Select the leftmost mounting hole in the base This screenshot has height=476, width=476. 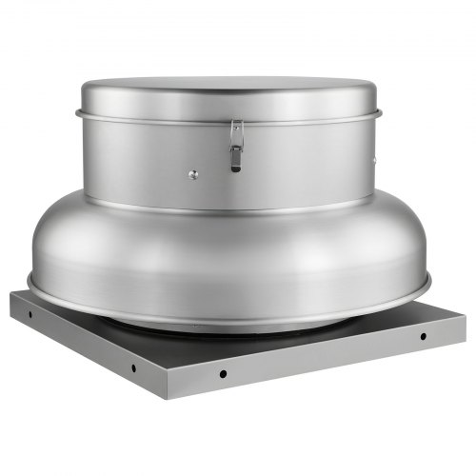(x=30, y=312)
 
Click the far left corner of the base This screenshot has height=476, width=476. (x=11, y=295)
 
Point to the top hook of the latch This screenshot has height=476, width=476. (x=235, y=127)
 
